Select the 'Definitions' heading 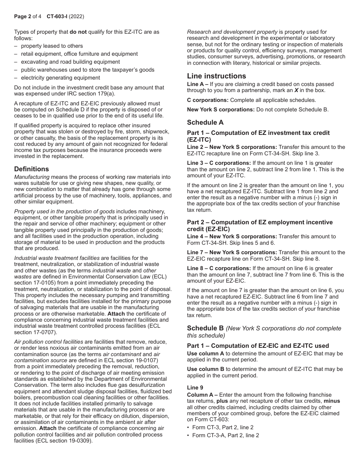pyautogui.click(x=31, y=169)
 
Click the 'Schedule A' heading pyautogui.click(x=205, y=122)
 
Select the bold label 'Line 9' pyautogui.click(x=194, y=388)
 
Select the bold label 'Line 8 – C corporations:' pyautogui.click(x=218, y=268)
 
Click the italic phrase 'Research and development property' pyautogui.click(x=232, y=32)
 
